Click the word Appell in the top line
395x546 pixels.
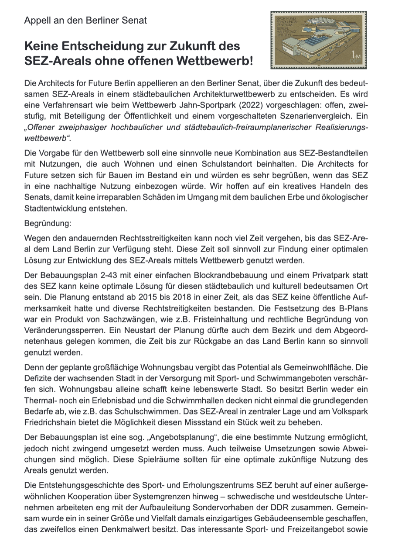(37, 20)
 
